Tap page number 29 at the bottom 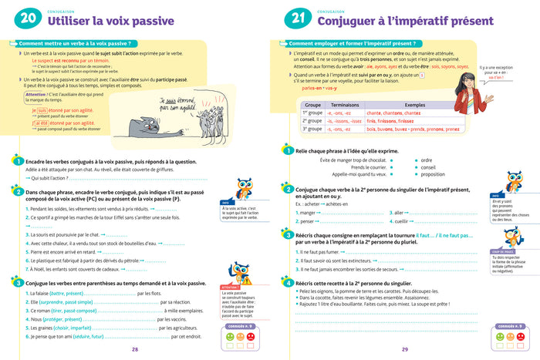[x=404, y=349]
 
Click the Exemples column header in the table [x=414, y=104]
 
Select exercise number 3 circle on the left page [x=16, y=283]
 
